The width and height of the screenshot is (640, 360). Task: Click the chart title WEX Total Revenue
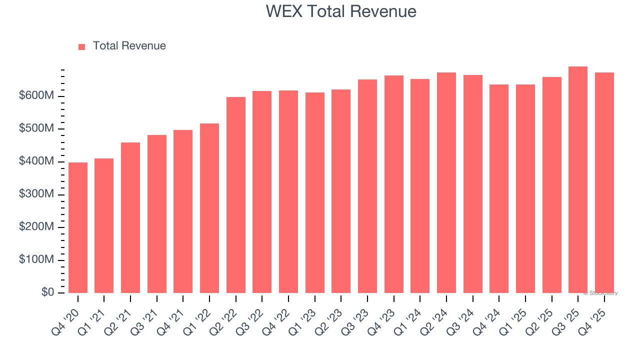point(340,11)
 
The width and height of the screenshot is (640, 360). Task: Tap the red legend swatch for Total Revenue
point(82,46)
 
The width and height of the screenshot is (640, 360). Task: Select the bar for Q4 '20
point(78,227)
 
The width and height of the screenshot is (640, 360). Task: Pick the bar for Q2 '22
point(236,195)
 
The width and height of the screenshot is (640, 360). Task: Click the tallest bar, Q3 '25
point(578,180)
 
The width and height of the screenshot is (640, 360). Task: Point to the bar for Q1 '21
point(104,225)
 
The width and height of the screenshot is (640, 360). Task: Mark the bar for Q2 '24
point(446,182)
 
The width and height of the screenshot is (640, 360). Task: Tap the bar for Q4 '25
point(604,182)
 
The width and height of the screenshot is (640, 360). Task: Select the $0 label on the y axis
point(48,292)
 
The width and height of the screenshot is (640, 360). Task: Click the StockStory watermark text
point(600,293)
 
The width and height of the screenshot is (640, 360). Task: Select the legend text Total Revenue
point(129,46)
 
